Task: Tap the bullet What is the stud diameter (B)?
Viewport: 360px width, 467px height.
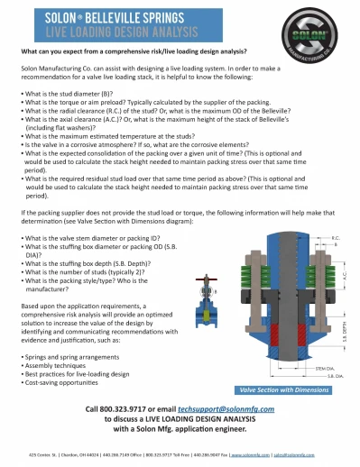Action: coord(69,93)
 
